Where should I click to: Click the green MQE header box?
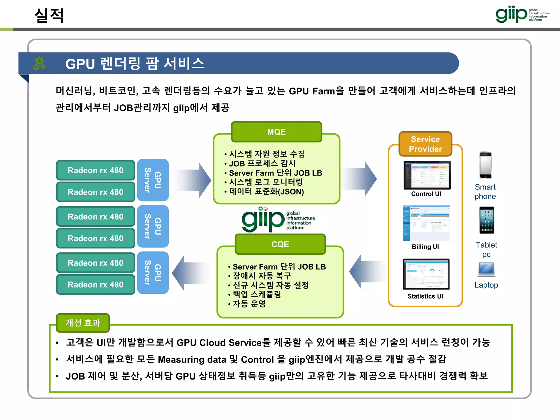pyautogui.click(x=276, y=132)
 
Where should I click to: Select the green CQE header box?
pyautogui.click(x=280, y=244)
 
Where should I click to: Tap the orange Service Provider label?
pyautogui.click(x=425, y=144)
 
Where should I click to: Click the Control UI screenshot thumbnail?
pyautogui.click(x=427, y=175)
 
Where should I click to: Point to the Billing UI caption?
pyautogui.click(x=425, y=247)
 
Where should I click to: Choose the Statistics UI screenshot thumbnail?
pyautogui.click(x=426, y=274)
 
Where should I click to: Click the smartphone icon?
pyautogui.click(x=485, y=165)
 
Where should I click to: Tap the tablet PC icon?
pyautogui.click(x=486, y=220)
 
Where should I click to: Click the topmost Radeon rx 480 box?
pyautogui.click(x=95, y=170)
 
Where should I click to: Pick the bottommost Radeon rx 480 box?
pyautogui.click(x=95, y=285)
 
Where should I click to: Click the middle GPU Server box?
pyautogui.click(x=153, y=226)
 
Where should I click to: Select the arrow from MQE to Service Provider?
pyautogui.click(x=359, y=179)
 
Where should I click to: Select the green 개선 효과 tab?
pyautogui.click(x=83, y=323)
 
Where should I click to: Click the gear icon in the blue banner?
pyautogui.click(x=39, y=63)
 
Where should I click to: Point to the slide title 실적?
pyautogui.click(x=49, y=16)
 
